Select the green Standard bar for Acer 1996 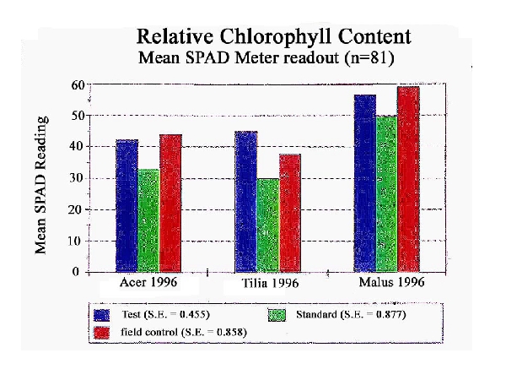click(148, 220)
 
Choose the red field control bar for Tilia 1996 click(290, 213)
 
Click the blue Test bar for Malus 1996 click(364, 183)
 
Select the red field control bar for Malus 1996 click(408, 179)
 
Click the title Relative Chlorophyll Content click(274, 37)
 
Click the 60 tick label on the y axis click(76, 84)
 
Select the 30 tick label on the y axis click(76, 178)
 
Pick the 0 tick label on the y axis click(80, 272)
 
